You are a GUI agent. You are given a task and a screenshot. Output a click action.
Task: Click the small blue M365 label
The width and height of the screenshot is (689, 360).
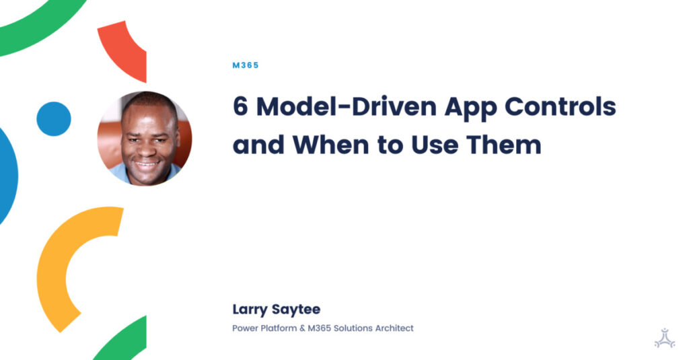[245, 65]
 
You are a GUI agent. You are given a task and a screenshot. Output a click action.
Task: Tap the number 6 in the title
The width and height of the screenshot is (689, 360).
[240, 107]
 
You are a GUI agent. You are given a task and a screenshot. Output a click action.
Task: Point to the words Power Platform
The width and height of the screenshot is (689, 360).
[264, 328]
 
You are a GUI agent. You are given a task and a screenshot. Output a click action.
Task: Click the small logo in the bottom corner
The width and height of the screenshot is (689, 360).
[664, 337]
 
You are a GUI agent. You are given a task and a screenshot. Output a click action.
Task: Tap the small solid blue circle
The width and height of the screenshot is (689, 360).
[54, 119]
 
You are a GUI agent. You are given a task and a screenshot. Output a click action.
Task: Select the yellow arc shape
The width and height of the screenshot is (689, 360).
[64, 269]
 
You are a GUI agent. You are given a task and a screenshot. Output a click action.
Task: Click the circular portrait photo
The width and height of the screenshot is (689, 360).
[145, 139]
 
